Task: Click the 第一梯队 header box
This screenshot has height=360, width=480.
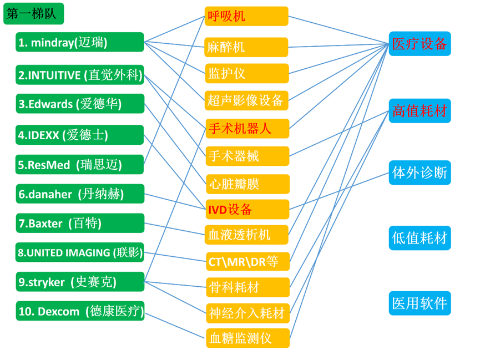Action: pyautogui.click(x=34, y=14)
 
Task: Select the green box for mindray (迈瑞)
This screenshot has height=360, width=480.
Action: pyautogui.click(x=79, y=43)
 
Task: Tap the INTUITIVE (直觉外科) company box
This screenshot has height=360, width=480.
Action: pyautogui.click(x=79, y=75)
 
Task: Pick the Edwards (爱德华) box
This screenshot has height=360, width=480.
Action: pyautogui.click(x=79, y=104)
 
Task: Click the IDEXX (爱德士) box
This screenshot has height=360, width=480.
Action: pyautogui.click(x=79, y=135)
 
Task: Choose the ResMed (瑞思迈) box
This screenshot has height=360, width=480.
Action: pyautogui.click(x=79, y=164)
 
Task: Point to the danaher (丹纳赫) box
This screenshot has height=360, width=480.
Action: pyautogui.click(x=79, y=194)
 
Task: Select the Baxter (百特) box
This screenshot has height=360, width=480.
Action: pyautogui.click(x=79, y=224)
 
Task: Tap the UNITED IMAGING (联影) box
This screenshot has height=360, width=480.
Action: pyautogui.click(x=79, y=253)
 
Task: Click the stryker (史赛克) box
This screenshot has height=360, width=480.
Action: pyautogui.click(x=79, y=282)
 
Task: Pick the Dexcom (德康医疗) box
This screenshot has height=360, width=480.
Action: pyautogui.click(x=79, y=311)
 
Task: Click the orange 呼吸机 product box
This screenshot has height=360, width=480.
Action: pyautogui.click(x=247, y=16)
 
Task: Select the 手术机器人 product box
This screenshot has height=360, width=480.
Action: pyautogui.click(x=247, y=129)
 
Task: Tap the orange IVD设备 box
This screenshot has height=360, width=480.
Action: pyautogui.click(x=247, y=209)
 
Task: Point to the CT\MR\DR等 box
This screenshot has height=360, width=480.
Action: pyautogui.click(x=247, y=261)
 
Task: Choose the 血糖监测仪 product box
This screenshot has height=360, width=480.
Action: pyautogui.click(x=247, y=337)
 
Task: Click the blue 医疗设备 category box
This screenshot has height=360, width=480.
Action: pyautogui.click(x=420, y=44)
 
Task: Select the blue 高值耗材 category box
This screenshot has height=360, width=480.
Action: pyautogui.click(x=420, y=110)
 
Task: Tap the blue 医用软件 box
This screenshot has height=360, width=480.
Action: pyautogui.click(x=420, y=303)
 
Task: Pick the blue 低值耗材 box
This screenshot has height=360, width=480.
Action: pyautogui.click(x=420, y=238)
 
